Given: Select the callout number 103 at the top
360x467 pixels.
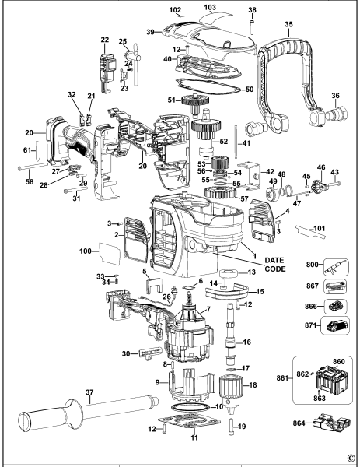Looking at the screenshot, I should pyautogui.click(x=211, y=7).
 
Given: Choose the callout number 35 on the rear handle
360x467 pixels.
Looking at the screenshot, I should pyautogui.click(x=288, y=25).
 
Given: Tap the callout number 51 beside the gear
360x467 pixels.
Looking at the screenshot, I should pyautogui.click(x=172, y=100).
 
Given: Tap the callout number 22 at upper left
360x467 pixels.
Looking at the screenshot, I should pyautogui.click(x=104, y=39).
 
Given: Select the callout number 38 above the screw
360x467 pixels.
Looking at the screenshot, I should pyautogui.click(x=251, y=10).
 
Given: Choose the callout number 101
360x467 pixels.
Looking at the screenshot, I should pyautogui.click(x=317, y=228).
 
